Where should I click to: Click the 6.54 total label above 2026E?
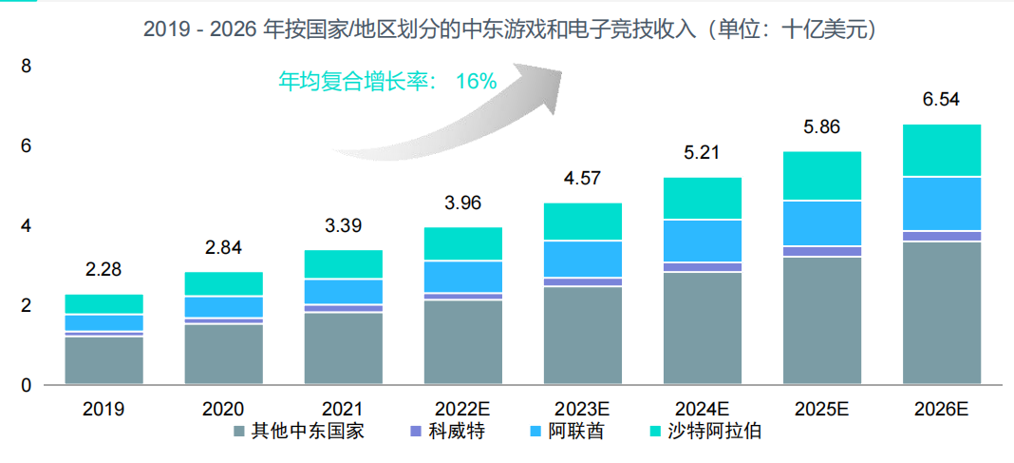(x=941, y=100)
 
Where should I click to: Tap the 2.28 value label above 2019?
(x=103, y=270)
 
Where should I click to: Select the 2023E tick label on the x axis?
(x=583, y=410)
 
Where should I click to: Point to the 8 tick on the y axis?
(x=26, y=67)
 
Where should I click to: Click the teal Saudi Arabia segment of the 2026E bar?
(x=941, y=150)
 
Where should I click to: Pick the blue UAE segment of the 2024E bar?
(x=703, y=241)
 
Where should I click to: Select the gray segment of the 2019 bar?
(x=103, y=360)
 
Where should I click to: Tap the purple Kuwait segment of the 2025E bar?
(x=822, y=251)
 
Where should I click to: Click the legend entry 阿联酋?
(x=574, y=432)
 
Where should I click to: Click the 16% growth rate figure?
(x=476, y=82)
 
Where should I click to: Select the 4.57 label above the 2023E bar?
(x=583, y=178)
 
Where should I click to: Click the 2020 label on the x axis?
(x=223, y=410)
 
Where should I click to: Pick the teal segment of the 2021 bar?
(x=343, y=264)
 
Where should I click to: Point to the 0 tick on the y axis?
(x=26, y=385)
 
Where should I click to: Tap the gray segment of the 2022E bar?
(x=463, y=342)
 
